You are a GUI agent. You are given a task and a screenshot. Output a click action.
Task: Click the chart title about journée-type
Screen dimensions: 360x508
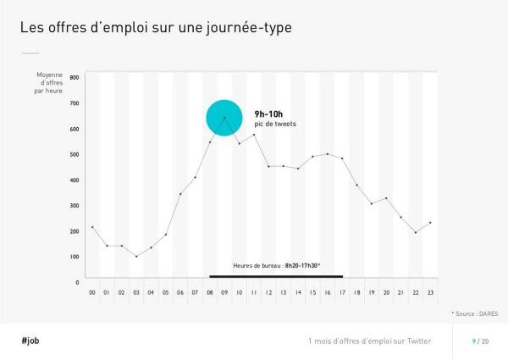pos(156,28)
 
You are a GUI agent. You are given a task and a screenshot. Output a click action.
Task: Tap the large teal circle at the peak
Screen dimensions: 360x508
pos(224,118)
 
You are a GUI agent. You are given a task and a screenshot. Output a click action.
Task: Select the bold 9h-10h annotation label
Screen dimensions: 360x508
pos(270,114)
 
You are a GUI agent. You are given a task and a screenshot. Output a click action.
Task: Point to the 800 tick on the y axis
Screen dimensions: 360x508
pos(74,77)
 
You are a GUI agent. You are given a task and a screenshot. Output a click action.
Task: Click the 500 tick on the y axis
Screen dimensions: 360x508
pos(74,154)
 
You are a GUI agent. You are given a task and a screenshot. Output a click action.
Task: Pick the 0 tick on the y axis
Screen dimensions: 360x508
pos(76,281)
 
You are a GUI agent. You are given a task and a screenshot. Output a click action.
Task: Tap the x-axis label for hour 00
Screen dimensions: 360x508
pos(92,292)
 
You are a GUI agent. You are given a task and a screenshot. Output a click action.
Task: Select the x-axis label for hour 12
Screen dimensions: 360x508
pos(268,292)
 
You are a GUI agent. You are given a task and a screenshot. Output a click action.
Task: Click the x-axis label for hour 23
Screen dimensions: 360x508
pos(430,292)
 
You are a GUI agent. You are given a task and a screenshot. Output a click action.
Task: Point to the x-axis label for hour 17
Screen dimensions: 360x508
pos(342,292)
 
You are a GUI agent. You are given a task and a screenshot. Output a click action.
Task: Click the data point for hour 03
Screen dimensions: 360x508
pos(136,256)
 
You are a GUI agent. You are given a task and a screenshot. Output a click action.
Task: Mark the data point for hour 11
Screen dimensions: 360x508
pos(254,135)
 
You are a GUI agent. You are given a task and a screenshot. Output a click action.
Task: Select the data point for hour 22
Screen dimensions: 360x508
pos(416,232)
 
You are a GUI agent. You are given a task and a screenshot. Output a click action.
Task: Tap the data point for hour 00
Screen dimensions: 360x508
pos(92,227)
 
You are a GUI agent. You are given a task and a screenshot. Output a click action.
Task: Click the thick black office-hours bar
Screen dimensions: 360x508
pos(276,276)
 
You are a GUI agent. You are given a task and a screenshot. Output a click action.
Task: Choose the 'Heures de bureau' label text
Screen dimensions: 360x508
pos(276,266)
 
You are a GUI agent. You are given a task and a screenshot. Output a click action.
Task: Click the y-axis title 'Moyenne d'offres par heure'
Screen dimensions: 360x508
pos(49,83)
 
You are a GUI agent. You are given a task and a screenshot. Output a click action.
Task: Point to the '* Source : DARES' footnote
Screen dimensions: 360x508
pos(475,313)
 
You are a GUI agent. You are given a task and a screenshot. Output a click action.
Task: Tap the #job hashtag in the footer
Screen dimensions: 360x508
pos(30,340)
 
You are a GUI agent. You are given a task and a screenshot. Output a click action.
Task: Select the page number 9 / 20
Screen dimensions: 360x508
pos(480,341)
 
